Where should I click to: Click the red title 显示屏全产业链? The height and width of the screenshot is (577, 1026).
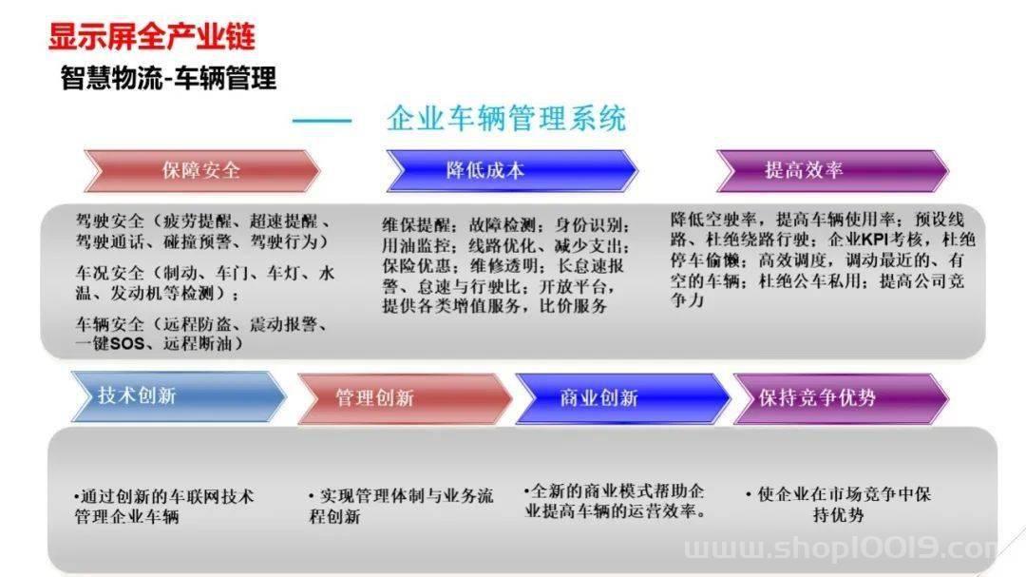pos(151,37)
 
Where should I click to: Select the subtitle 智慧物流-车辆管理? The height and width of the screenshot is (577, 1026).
pos(168,79)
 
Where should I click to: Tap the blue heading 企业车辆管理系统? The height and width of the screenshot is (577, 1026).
pos(505,119)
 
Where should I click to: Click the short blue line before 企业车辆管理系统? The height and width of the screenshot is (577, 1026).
pos(321,121)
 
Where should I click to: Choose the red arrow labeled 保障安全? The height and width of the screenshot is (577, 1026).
pos(201,170)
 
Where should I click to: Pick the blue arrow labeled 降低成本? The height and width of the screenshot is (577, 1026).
pos(511,170)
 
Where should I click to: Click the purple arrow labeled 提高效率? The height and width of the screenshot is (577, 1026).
pos(832,170)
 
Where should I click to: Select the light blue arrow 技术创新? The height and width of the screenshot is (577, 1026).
pos(178,396)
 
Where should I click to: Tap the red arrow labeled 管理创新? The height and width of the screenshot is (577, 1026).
pos(405,398)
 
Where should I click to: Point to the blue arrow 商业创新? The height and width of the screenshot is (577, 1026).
pos(622,398)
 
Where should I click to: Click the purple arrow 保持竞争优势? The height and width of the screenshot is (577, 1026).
pos(841,398)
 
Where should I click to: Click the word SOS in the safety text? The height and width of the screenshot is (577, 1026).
pos(127,343)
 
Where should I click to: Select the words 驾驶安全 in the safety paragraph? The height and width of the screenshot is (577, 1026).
pos(109,221)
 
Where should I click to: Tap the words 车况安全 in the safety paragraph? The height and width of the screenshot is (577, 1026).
pos(109,273)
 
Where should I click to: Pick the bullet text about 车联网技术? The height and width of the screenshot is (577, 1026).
pos(163,507)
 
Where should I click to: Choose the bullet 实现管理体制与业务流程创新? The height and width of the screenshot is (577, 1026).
pos(401,506)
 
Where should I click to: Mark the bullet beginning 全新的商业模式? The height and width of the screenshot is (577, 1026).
pos(615,501)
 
